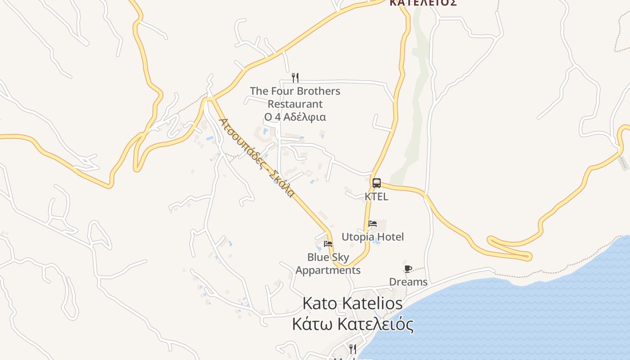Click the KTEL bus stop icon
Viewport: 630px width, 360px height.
tap(377, 183)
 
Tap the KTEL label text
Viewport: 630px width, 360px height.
tap(376, 197)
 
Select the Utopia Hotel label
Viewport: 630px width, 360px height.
tap(373, 237)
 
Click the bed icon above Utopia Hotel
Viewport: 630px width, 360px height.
tap(373, 223)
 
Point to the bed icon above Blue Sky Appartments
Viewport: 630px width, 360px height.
tap(328, 244)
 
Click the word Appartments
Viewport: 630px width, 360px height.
tap(328, 270)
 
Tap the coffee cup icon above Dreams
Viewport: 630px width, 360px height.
tap(408, 269)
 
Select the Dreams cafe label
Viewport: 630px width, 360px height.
tap(408, 282)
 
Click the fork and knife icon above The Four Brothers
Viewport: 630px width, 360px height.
tap(295, 78)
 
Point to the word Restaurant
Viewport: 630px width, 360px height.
tap(295, 104)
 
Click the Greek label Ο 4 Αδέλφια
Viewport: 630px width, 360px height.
tap(295, 117)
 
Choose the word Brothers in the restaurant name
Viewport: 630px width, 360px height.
tap(318, 91)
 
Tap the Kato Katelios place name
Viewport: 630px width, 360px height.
tap(352, 303)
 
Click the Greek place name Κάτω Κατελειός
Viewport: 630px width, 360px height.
tap(352, 324)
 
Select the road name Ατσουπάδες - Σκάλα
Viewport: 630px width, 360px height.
tap(257, 157)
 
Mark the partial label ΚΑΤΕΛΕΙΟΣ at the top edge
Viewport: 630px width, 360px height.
tap(423, 3)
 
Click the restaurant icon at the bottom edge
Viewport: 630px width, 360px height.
tap(353, 349)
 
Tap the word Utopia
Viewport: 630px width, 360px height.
tap(358, 237)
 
